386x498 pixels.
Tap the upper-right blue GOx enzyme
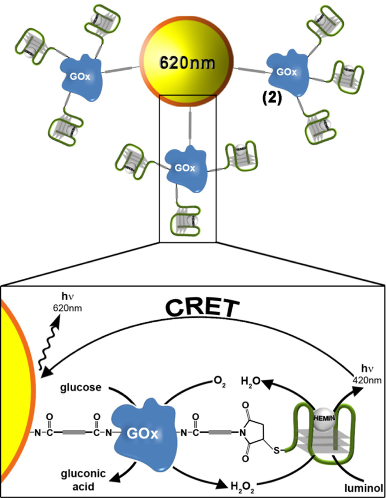coord(287,73)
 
